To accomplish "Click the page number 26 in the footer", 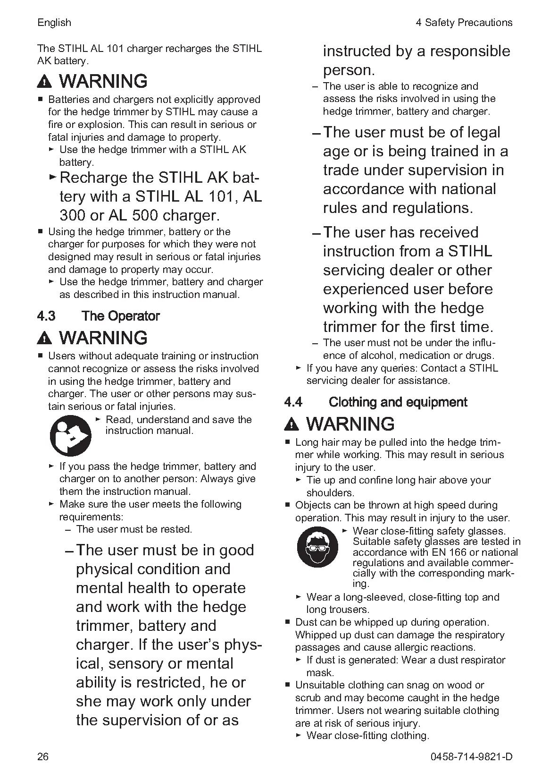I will (43, 756).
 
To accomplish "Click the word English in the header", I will (54, 23).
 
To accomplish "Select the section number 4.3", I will (46, 316).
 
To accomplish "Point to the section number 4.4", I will (293, 402).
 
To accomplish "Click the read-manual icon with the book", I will (70, 435).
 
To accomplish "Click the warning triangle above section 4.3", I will (44, 339).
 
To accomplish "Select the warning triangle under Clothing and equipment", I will (292, 424).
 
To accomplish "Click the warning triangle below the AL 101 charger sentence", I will (44, 82).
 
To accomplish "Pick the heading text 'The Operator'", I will (121, 316).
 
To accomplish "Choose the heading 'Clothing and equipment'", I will (398, 402).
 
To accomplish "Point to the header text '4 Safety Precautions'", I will (464, 23).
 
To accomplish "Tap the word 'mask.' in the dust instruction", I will (320, 672).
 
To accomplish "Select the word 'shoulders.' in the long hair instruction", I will (330, 492).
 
